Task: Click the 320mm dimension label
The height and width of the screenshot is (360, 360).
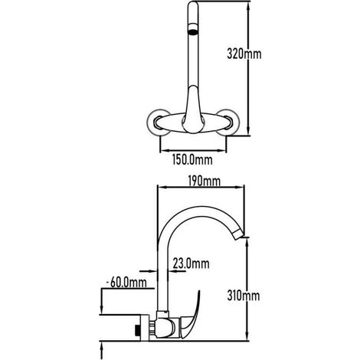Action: pyautogui.click(x=244, y=54)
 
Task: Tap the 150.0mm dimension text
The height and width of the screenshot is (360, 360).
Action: pyautogui.click(x=192, y=160)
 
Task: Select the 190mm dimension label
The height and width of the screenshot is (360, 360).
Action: pyautogui.click(x=204, y=181)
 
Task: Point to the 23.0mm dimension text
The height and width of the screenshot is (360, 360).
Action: pyautogui.click(x=191, y=263)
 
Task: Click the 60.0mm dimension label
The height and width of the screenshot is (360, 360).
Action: pyautogui.click(x=128, y=283)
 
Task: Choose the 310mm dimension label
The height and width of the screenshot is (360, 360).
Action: pyautogui.click(x=244, y=296)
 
